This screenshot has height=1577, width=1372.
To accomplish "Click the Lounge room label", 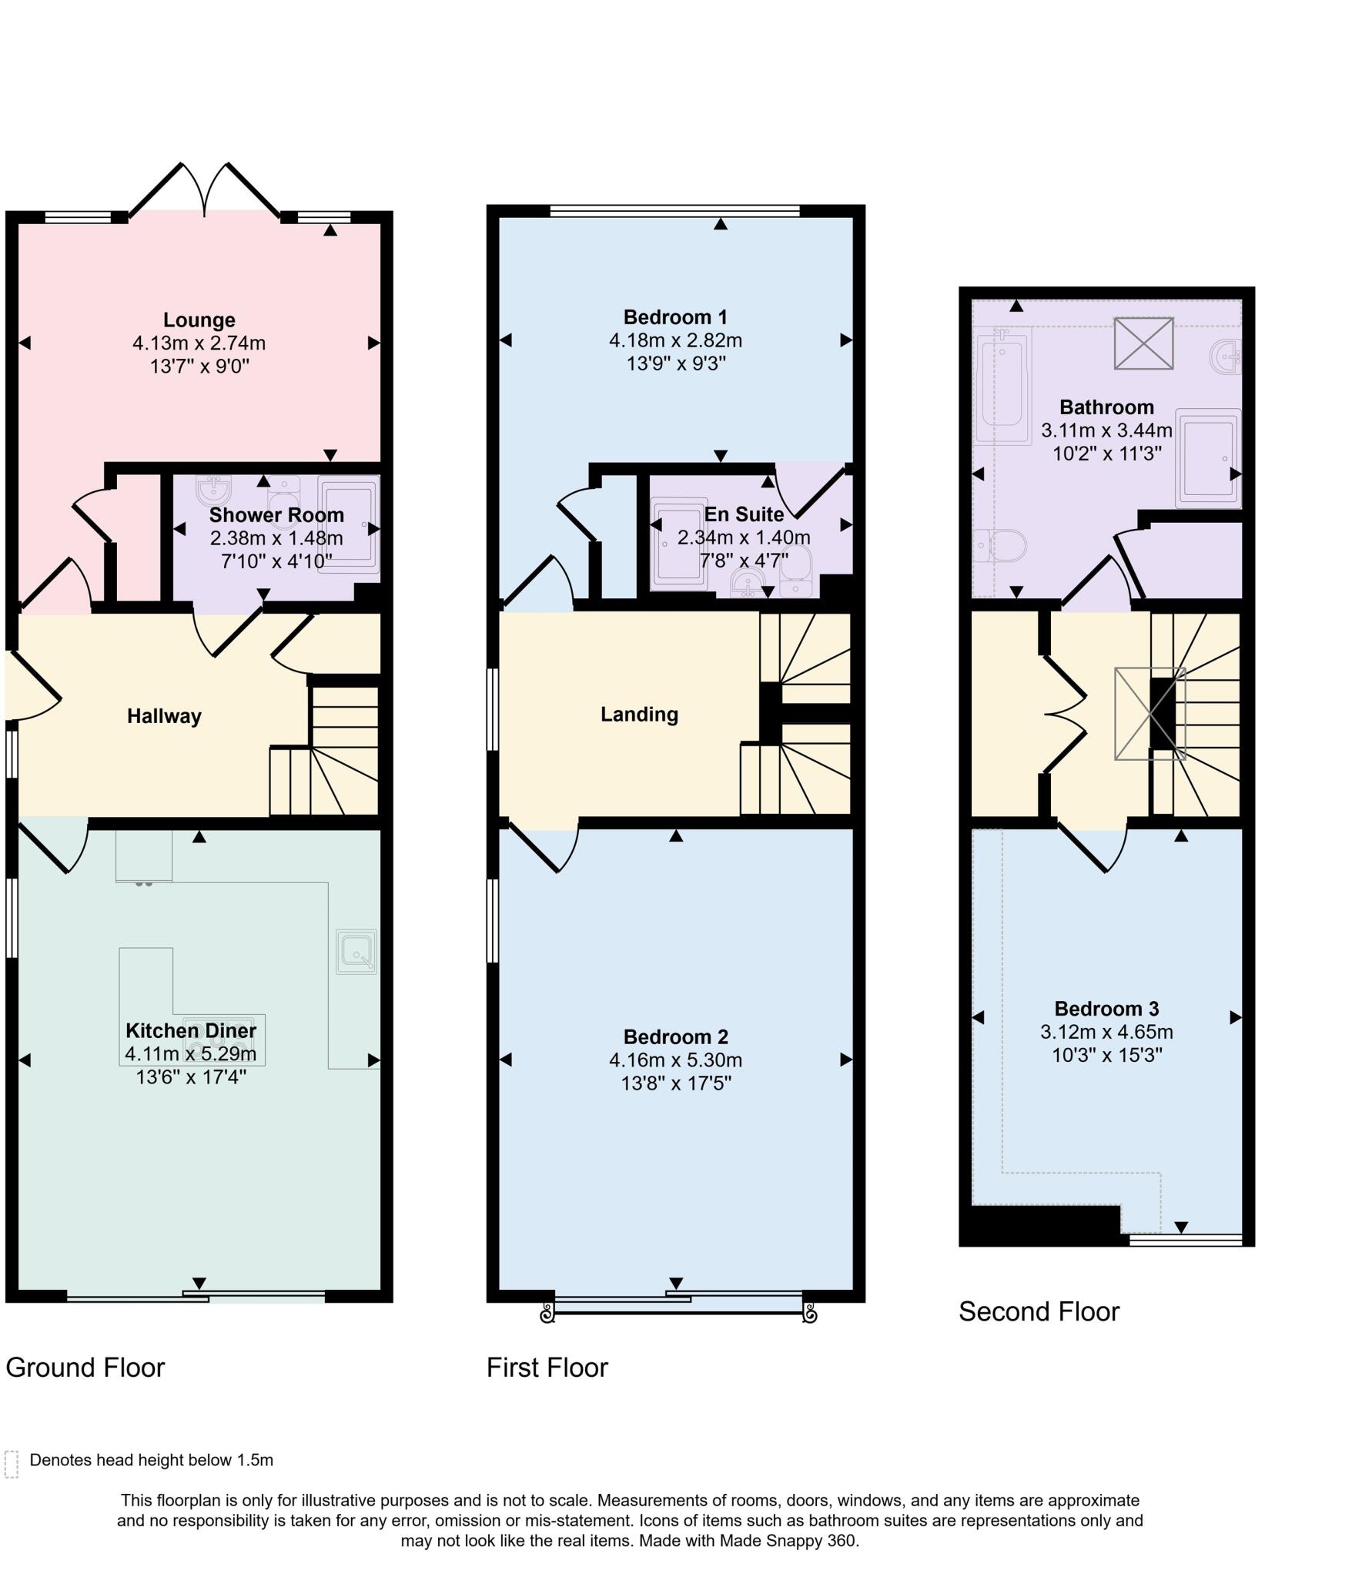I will [199, 320].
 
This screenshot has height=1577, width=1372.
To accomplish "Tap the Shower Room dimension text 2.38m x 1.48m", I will [276, 537].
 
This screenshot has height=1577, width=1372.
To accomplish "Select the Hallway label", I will [164, 716].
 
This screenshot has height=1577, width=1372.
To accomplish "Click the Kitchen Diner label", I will [191, 1030].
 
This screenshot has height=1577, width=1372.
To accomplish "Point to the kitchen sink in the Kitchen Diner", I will [356, 952].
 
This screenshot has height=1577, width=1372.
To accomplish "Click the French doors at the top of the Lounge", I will [205, 189].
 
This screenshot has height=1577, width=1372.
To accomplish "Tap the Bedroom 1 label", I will [675, 316].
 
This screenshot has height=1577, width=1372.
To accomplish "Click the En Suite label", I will [744, 514].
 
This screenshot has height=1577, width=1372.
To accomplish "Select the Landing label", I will [639, 714].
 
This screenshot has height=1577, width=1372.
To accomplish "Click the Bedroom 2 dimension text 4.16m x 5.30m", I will [675, 1060].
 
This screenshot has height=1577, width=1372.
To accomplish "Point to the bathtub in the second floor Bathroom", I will [1002, 387].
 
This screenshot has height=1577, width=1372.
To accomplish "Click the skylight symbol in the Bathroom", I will [1143, 343].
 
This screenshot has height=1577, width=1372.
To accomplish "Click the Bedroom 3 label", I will [1106, 1009].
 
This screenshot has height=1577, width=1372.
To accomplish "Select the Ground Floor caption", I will [85, 1368].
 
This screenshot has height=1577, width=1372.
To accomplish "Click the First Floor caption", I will [547, 1368].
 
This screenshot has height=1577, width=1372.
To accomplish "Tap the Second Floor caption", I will [1039, 1311].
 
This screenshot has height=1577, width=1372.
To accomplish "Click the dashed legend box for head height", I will [12, 1464].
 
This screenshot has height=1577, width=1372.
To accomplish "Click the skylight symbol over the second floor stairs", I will [1149, 713].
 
